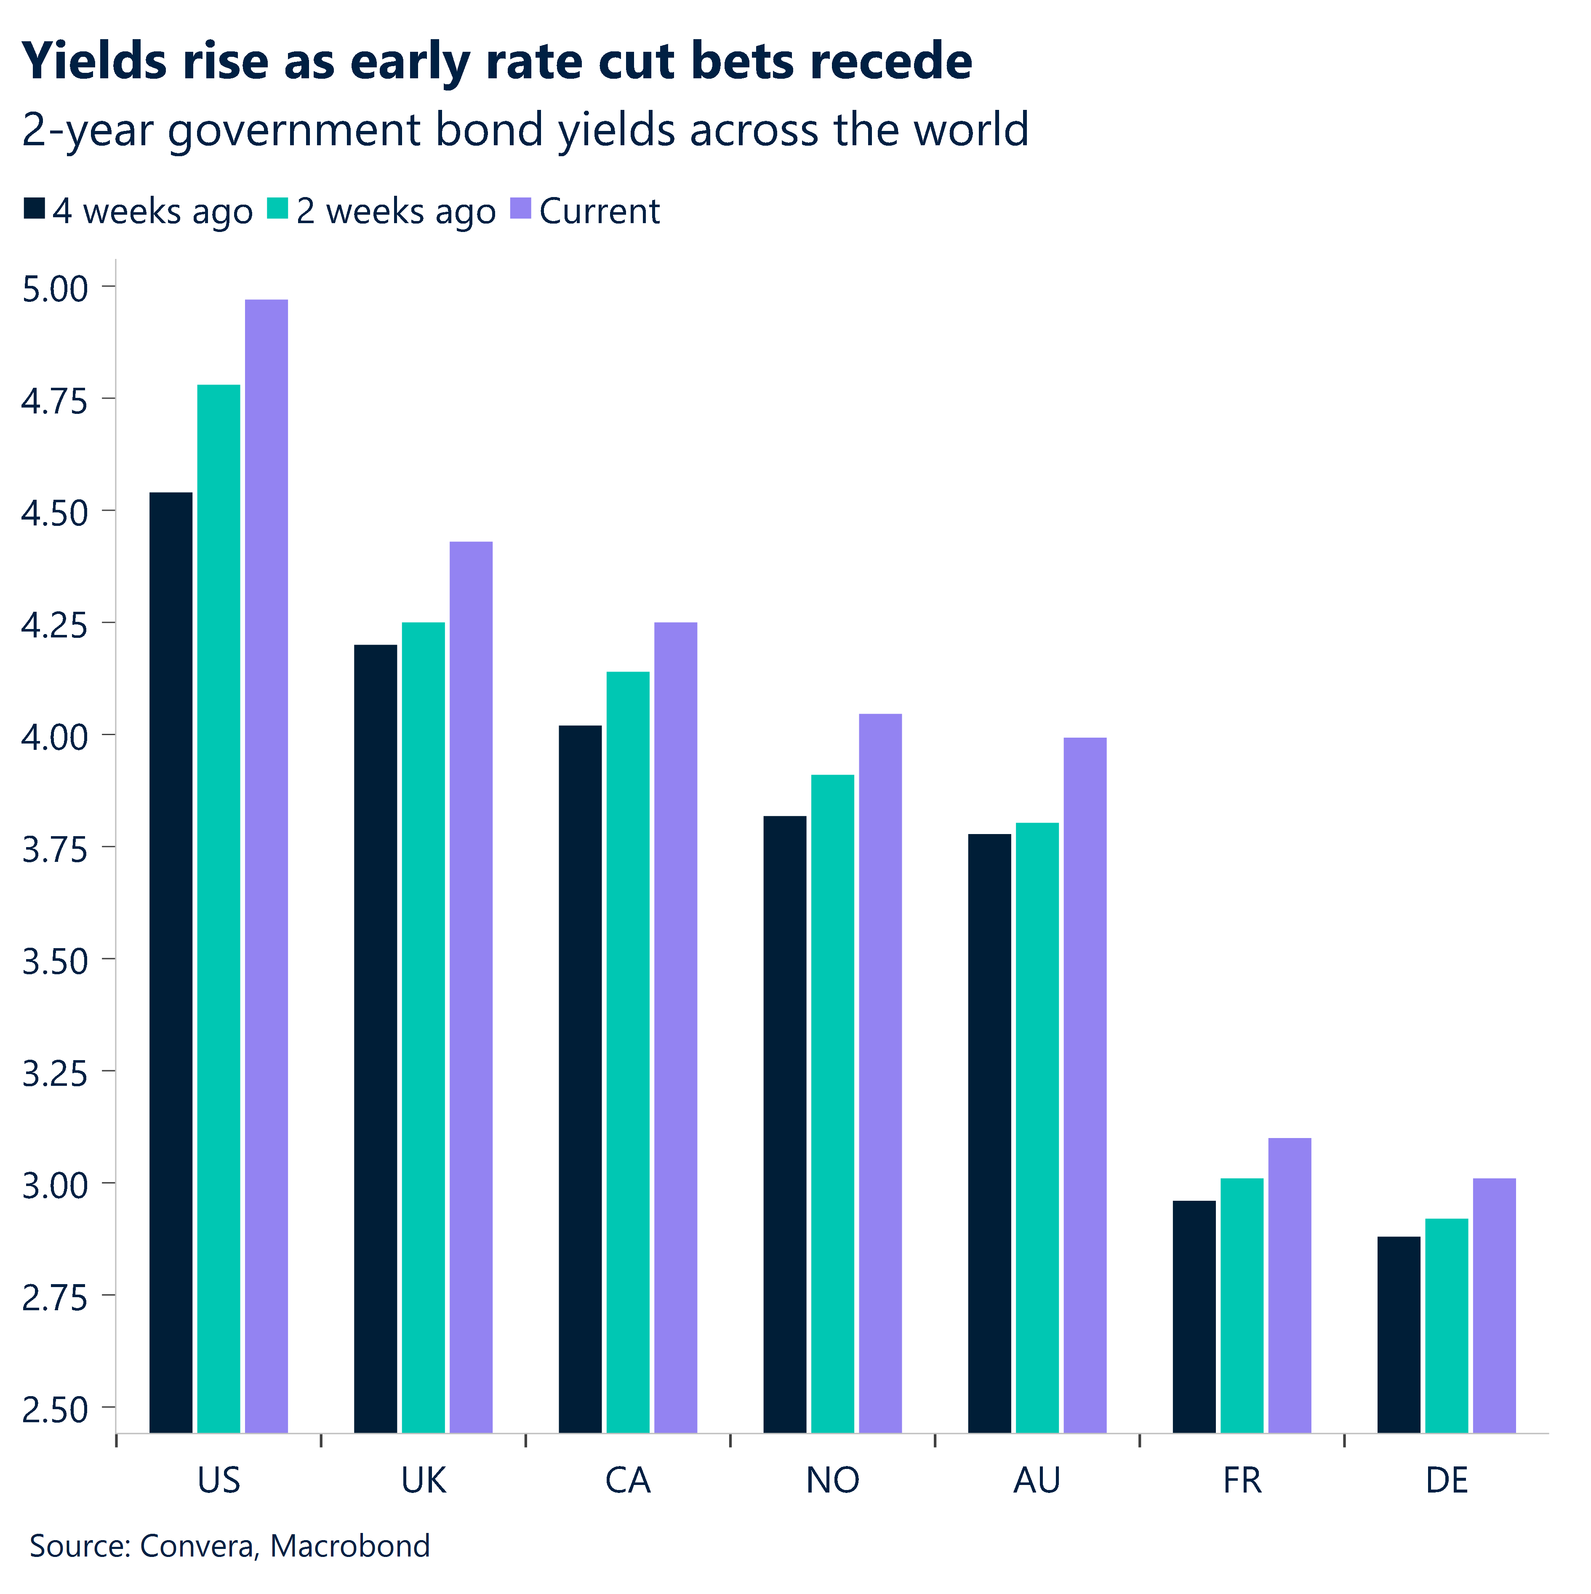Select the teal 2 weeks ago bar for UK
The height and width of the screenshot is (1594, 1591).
[x=424, y=1027]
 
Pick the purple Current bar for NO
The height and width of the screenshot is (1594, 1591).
[x=880, y=1073]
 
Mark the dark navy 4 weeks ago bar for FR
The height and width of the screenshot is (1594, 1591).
[x=1194, y=1316]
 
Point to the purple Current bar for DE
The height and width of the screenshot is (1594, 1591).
[x=1495, y=1305]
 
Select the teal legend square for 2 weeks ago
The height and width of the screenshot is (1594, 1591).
[x=278, y=209]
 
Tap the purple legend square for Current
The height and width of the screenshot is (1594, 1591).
[x=521, y=209]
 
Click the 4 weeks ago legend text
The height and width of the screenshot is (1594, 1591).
[x=153, y=212]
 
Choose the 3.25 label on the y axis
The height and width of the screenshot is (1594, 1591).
[x=54, y=1073]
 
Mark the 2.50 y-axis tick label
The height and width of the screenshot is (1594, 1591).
[x=54, y=1410]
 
